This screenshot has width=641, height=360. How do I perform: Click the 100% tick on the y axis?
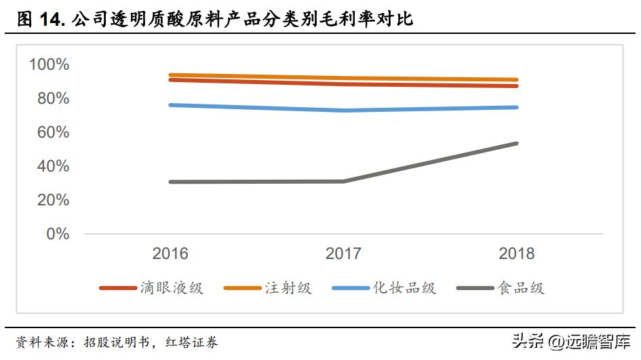pos(49,65)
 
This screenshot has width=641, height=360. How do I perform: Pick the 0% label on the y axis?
pos(57,234)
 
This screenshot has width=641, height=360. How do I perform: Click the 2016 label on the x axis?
pos(170,254)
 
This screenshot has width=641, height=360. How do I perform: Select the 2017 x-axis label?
pos(343,254)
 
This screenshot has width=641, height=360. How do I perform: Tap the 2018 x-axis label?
pos(517,254)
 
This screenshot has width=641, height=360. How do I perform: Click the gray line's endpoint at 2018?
pos(517,143)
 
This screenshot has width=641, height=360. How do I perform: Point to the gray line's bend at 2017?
pos(344,181)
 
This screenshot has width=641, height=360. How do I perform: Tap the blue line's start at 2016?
pos(170,105)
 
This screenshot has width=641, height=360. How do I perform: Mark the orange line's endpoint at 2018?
pos(517,80)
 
